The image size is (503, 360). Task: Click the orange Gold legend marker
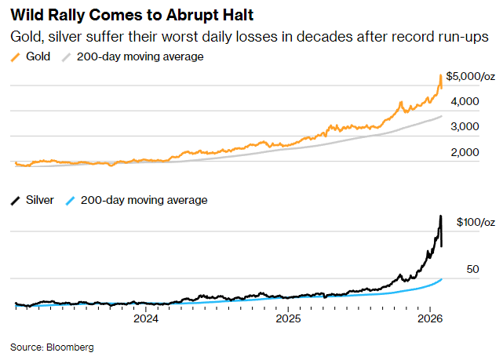pos(16,56)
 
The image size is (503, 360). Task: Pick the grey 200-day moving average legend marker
pos(67,56)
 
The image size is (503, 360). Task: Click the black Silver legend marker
pos(16,200)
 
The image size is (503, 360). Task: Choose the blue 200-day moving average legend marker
pos(71,200)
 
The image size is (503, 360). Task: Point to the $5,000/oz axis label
pos(471,76)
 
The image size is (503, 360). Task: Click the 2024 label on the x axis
pos(146,319)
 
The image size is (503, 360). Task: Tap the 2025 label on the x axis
pos(288,319)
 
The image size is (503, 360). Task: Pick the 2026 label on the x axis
pos(429,319)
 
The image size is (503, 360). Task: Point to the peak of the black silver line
pos(440,216)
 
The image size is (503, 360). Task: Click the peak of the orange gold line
pos(440,75)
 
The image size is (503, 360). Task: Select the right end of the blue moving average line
pos(442,278)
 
